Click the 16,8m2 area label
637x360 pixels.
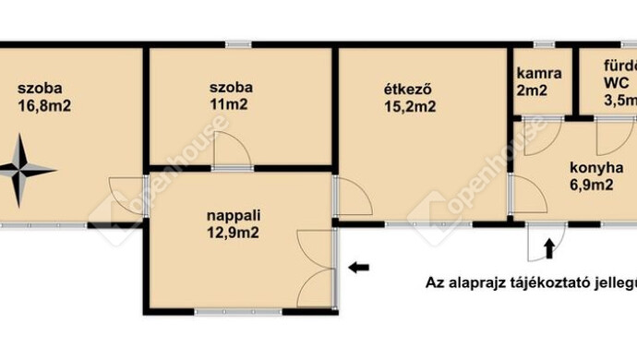(x=44, y=105)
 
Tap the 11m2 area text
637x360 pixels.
(x=231, y=105)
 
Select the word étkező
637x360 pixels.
(x=409, y=90)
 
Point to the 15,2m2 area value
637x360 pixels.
(x=410, y=105)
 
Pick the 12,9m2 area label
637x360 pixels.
(x=232, y=233)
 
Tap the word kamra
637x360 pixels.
(x=535, y=73)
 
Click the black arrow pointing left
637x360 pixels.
(x=359, y=268)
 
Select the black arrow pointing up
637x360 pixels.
(x=549, y=246)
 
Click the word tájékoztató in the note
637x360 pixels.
(x=554, y=282)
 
